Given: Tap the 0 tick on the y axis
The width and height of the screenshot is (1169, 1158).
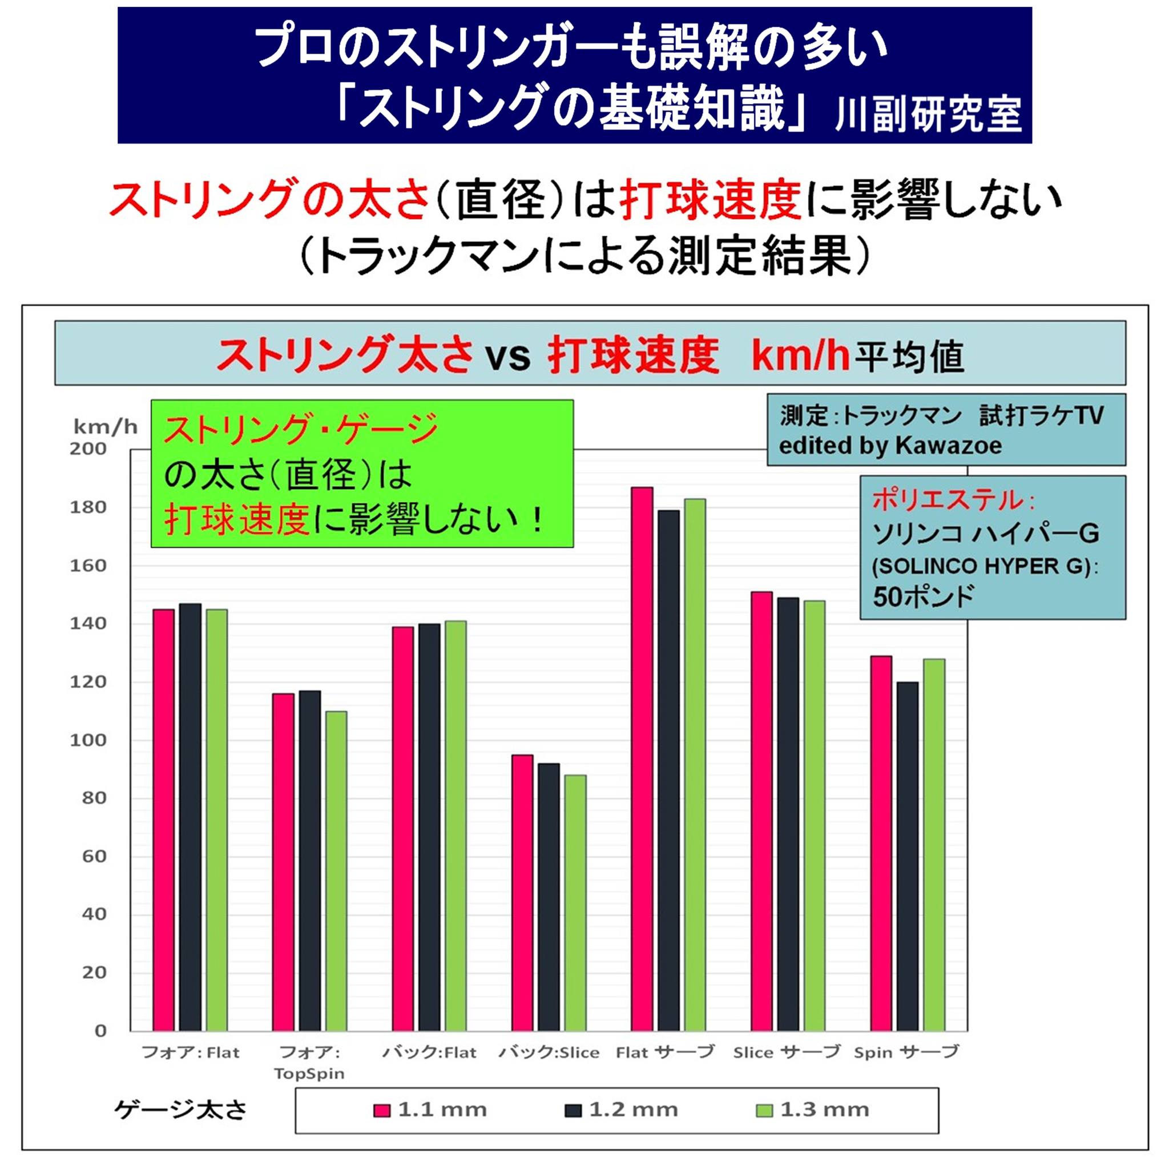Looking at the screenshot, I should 100,1031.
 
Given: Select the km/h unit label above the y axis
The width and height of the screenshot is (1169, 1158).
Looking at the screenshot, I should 104,427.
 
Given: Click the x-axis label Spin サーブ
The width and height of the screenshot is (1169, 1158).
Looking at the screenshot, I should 906,1053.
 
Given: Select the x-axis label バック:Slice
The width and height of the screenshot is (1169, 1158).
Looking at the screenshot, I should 548,1053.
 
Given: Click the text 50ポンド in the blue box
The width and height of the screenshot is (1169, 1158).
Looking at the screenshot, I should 924,596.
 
